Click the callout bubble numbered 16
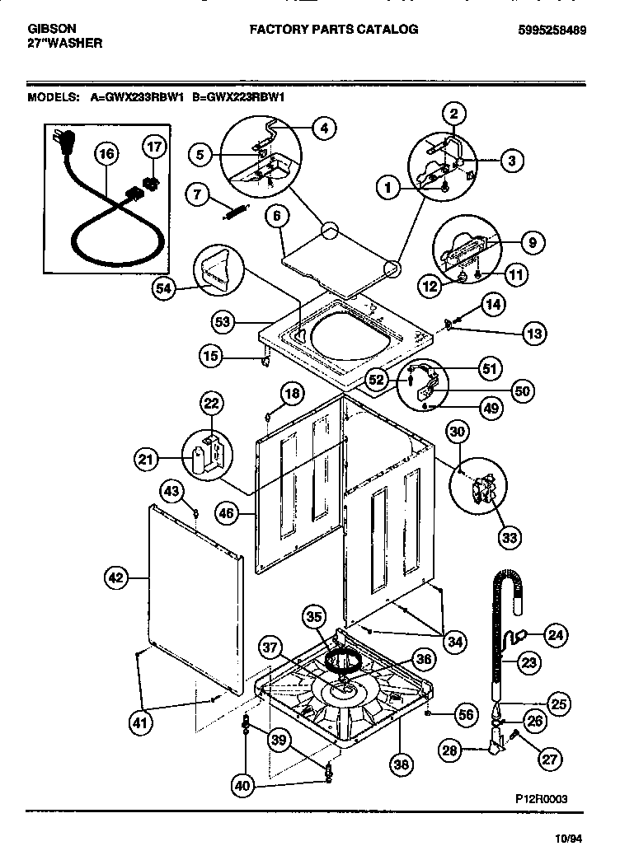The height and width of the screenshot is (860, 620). (106, 152)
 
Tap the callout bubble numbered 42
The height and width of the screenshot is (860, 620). (117, 578)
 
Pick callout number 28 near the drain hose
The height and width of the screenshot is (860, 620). (449, 750)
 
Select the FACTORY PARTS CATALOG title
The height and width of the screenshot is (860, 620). (334, 30)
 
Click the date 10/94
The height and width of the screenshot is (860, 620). (569, 839)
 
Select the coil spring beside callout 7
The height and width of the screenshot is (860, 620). (234, 212)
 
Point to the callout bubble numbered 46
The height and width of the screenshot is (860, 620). (227, 514)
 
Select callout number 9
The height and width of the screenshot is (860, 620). (532, 243)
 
